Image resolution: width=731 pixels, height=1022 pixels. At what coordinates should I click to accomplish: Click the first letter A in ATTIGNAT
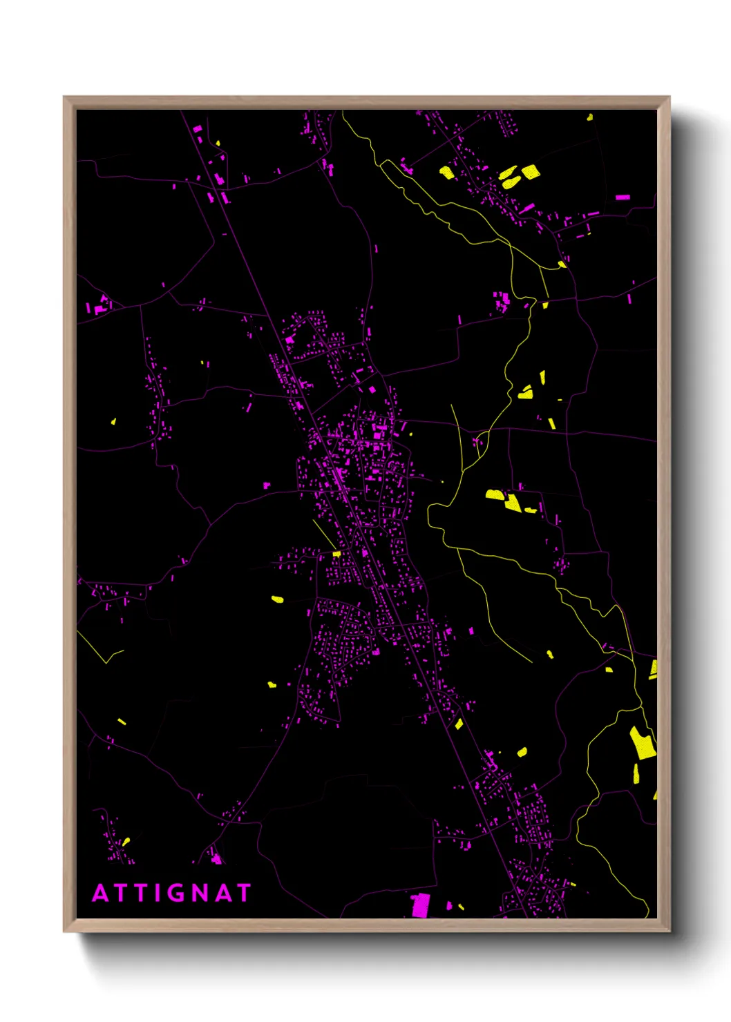coord(101,893)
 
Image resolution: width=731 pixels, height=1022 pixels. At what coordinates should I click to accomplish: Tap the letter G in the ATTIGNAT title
coord(177,893)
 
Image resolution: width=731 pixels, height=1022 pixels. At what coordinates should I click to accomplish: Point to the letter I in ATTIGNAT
coord(158,893)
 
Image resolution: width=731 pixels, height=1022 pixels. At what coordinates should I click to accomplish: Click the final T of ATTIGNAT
coord(243,893)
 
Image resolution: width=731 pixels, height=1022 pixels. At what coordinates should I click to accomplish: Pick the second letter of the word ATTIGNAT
coord(121,893)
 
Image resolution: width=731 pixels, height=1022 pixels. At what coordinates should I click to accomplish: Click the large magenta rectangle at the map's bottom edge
coord(420,905)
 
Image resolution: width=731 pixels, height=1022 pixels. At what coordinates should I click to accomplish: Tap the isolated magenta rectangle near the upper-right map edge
coord(623,197)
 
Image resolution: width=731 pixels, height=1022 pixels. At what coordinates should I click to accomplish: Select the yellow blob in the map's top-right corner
coord(589,117)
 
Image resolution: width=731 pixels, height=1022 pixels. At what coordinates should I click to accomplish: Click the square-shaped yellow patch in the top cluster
coord(530,171)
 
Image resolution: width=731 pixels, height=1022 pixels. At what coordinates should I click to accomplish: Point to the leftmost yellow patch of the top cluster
coord(447,172)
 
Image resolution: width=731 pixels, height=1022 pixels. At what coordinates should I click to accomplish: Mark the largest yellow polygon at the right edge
coord(643,742)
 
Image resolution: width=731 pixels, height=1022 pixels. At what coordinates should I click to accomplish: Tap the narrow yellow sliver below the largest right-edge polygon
coord(636,773)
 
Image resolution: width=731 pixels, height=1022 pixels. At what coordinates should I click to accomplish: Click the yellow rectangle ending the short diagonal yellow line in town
coord(336,554)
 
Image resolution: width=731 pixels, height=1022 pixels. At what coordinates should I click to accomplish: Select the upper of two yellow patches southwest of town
coord(277,599)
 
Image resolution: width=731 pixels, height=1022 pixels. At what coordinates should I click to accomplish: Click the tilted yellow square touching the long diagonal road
coord(459,724)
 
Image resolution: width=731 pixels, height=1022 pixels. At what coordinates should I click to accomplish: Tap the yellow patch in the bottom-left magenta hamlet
coord(126,842)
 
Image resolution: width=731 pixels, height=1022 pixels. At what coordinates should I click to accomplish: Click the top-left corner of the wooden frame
coord(64,97)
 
